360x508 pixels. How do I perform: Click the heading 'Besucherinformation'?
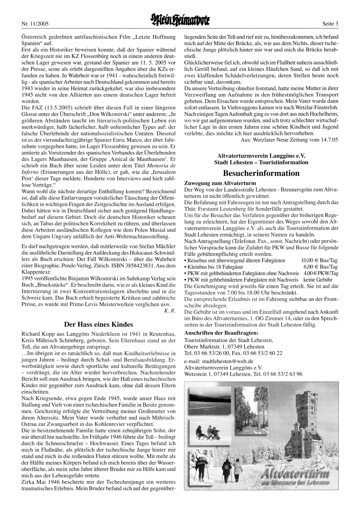tap(261, 173)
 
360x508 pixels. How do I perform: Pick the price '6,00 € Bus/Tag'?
tap(320, 267)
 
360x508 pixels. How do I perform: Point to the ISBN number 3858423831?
tap(146, 265)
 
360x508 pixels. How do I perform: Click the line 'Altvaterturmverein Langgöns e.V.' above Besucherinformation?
tap(261, 156)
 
